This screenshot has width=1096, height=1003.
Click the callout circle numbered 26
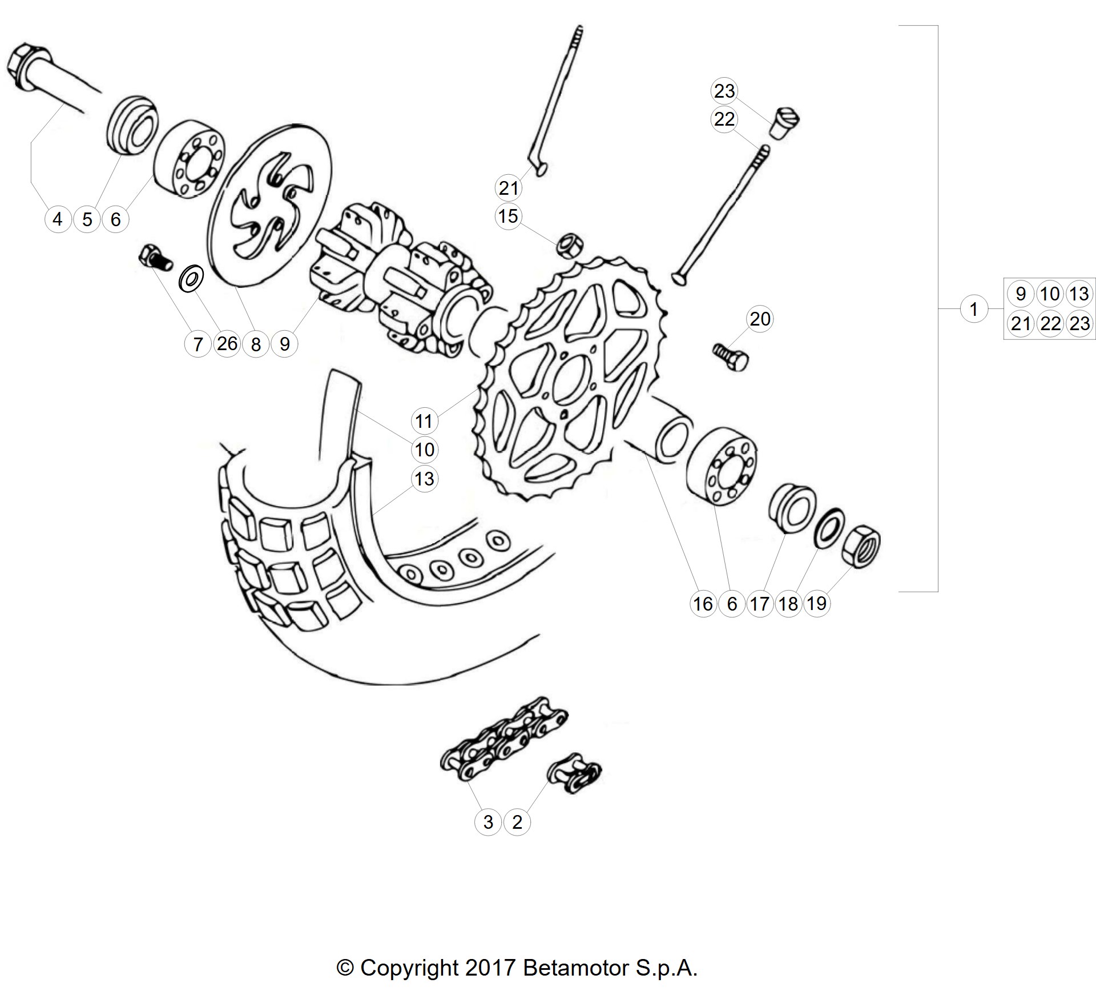pos(227,343)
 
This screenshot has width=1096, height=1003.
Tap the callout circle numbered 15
pos(508,216)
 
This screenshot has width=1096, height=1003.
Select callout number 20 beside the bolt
pos(760,319)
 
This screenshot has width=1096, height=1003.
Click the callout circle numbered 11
pos(424,421)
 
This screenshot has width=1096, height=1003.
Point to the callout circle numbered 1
pos(974,309)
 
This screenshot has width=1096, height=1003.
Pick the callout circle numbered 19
pos(817,603)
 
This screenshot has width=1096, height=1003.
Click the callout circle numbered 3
pos(488,822)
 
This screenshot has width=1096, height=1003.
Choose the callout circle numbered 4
pos(58,219)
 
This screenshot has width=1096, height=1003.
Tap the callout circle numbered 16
pos(703,603)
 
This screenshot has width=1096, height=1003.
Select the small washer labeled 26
pos(191,279)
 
